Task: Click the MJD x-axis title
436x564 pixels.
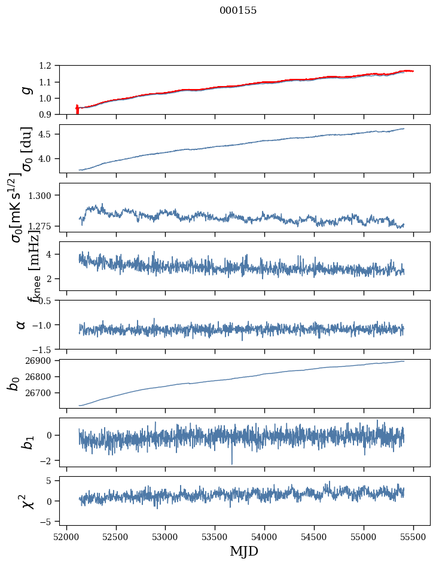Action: tap(244, 551)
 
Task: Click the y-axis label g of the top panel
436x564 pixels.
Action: tap(25, 90)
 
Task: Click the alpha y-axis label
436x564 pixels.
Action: tap(21, 324)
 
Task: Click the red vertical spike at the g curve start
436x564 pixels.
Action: tap(77, 110)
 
